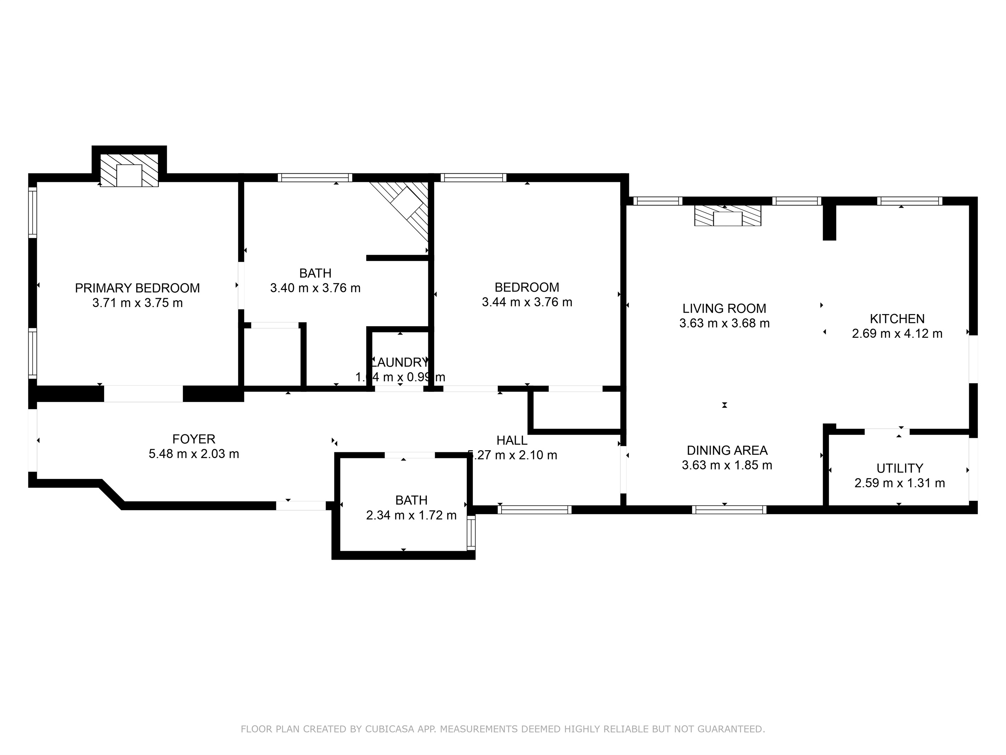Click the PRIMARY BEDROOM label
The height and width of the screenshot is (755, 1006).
click(137, 288)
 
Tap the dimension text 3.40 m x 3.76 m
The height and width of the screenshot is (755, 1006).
click(315, 288)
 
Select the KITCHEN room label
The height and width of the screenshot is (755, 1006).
click(897, 319)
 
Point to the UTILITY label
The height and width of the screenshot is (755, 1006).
click(900, 468)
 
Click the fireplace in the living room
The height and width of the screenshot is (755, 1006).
click(727, 216)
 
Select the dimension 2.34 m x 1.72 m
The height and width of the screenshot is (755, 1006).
click(411, 515)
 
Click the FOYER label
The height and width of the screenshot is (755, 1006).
click(194, 439)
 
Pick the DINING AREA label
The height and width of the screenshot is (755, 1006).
click(727, 451)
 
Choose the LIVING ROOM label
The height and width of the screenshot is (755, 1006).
click(724, 308)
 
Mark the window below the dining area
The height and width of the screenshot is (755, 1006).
click(729, 510)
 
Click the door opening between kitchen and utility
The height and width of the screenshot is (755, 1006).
click(887, 431)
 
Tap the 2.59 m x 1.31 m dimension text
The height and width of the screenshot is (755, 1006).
click(900, 483)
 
